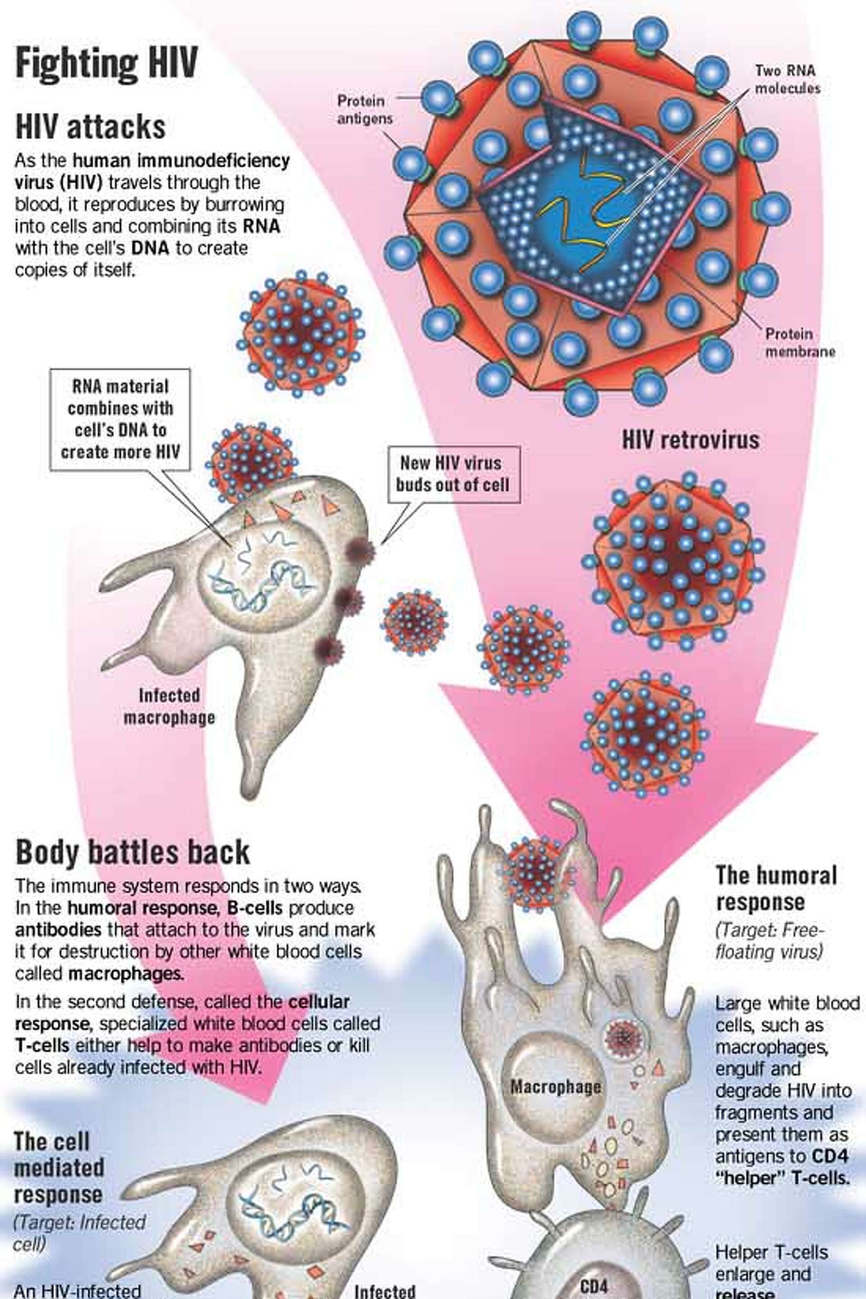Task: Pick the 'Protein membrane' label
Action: click(799, 342)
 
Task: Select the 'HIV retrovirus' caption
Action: click(691, 440)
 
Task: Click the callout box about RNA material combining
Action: click(120, 420)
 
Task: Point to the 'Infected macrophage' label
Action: click(169, 706)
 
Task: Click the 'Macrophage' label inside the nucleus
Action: click(555, 1087)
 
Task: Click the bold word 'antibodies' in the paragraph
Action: click(58, 930)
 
